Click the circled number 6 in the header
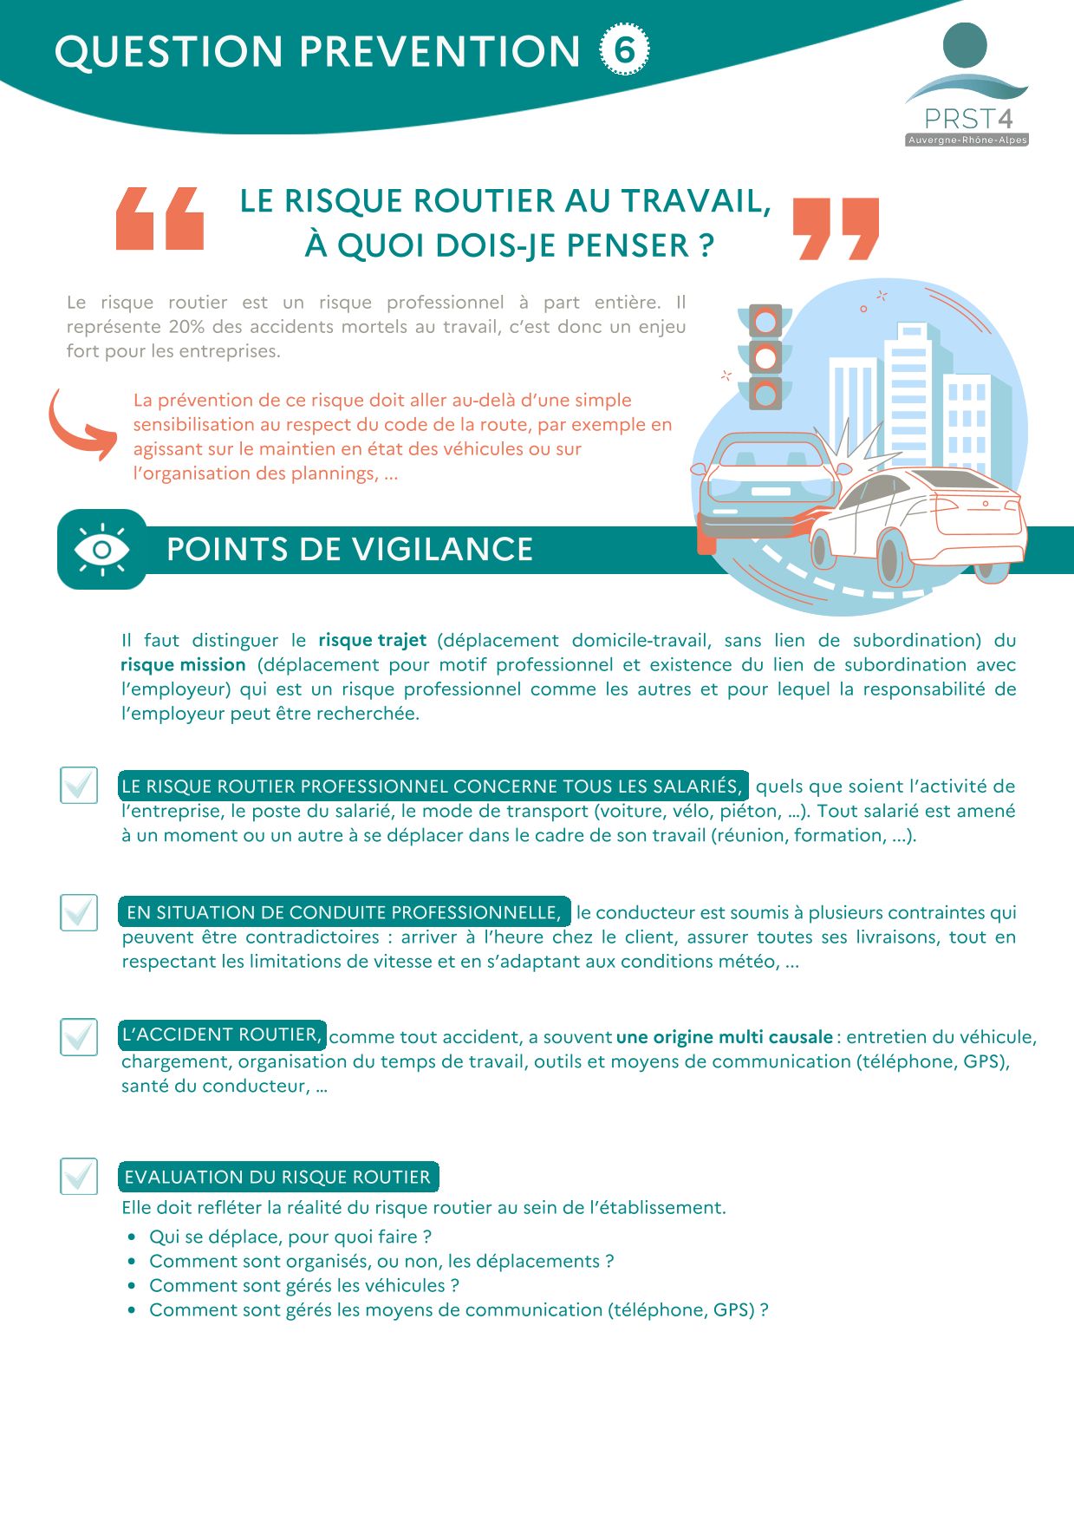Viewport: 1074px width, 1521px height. [x=624, y=50]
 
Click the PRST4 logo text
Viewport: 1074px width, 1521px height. [x=967, y=119]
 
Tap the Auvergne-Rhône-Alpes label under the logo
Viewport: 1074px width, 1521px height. [x=967, y=140]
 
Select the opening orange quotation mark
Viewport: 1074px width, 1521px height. [x=160, y=219]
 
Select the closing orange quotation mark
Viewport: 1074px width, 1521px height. [x=836, y=228]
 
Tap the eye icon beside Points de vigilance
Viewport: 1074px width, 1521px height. [x=101, y=550]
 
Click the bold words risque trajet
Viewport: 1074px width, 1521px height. [x=372, y=640]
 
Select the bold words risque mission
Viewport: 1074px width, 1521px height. [x=184, y=664]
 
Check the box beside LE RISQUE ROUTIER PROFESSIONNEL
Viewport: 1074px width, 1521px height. [x=79, y=785]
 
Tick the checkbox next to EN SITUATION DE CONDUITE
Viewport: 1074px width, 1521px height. [x=79, y=912]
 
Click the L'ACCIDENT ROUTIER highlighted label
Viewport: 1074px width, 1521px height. [x=222, y=1035]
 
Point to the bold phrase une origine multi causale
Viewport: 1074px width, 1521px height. [x=724, y=1037]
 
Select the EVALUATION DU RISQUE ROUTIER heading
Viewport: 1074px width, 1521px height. [x=277, y=1177]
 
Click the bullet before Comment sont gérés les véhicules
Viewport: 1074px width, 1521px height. [x=132, y=1286]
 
